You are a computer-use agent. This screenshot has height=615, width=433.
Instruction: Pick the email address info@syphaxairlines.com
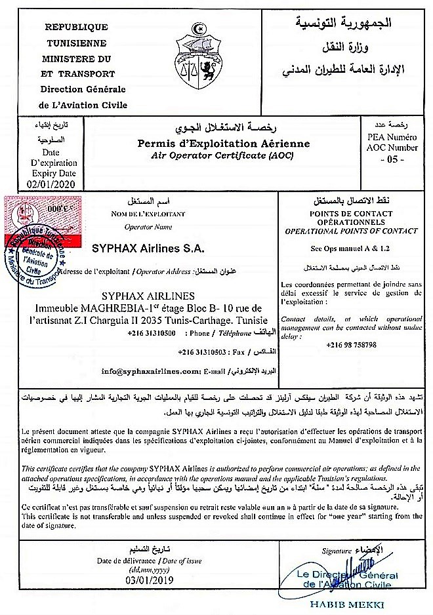pyautogui.click(x=151, y=370)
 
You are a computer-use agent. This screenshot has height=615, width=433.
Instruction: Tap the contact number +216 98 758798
pyautogui.click(x=352, y=345)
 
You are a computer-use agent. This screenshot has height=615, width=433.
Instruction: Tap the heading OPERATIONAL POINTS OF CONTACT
pyautogui.click(x=351, y=231)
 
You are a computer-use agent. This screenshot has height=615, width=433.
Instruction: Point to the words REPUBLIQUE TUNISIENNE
pyautogui.click(x=75, y=35)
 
